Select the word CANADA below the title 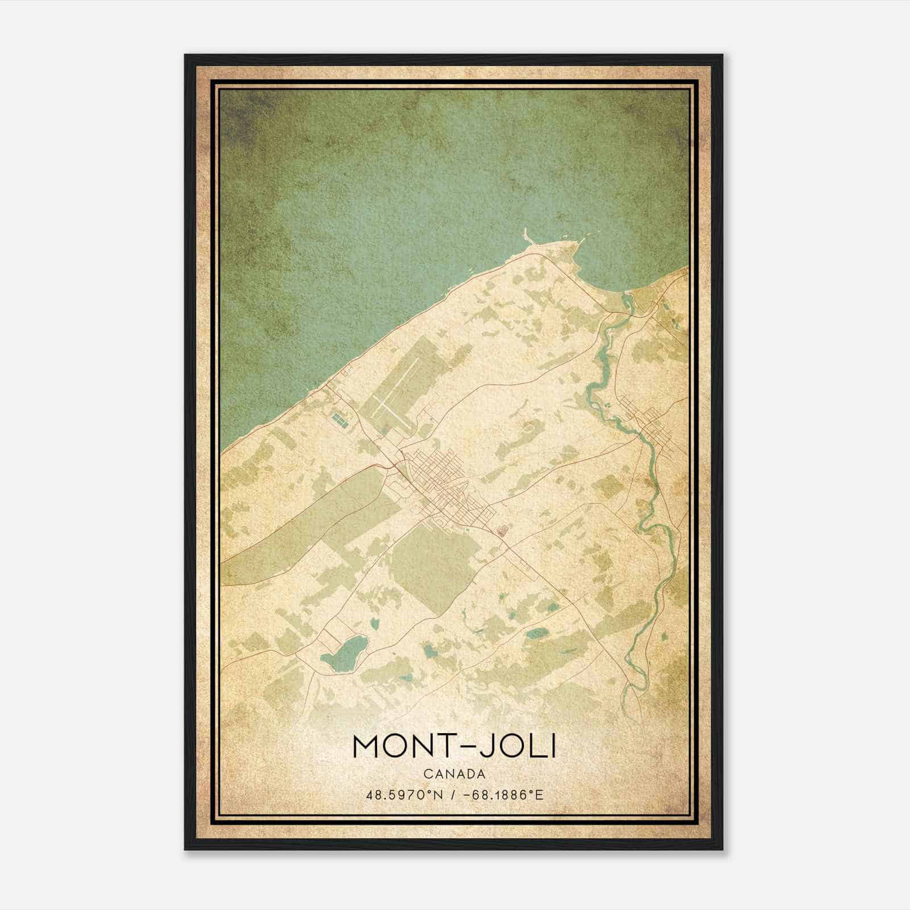tap(454, 774)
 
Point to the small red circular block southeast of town tap(502, 532)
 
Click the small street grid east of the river tap(654, 427)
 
